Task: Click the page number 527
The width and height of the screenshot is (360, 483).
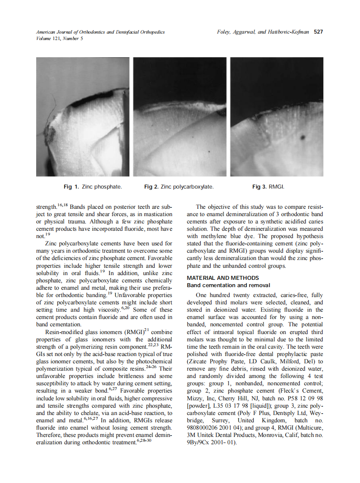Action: [319, 32]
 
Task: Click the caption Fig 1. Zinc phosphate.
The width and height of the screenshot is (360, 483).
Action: [93, 187]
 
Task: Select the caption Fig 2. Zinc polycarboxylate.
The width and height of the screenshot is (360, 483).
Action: [179, 187]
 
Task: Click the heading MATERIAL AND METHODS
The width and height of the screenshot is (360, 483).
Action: [223, 278]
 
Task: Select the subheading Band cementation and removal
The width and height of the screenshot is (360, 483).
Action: [228, 285]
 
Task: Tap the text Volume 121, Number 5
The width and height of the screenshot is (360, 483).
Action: [59, 38]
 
